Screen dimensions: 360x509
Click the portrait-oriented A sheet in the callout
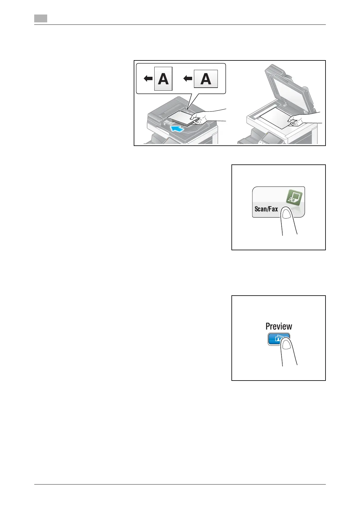click(x=163, y=79)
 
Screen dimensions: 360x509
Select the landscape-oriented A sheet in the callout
click(x=206, y=79)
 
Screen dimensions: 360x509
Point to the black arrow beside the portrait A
click(x=148, y=79)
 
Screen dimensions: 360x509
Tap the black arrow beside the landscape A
click(x=188, y=79)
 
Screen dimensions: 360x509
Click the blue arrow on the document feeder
click(x=177, y=129)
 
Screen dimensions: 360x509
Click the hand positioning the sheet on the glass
click(x=299, y=120)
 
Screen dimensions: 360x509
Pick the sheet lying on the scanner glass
click(x=274, y=118)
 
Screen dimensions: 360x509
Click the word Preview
click(x=279, y=326)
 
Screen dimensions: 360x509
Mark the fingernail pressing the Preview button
click(x=286, y=345)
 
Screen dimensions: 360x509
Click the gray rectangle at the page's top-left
click(x=41, y=19)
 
